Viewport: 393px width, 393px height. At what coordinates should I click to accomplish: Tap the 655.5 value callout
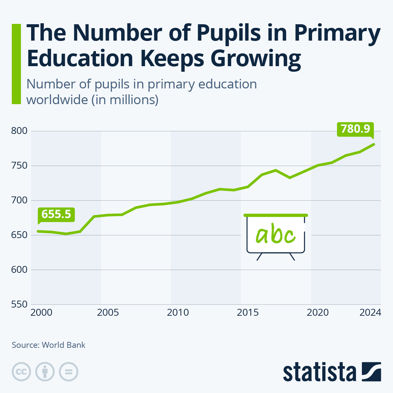[56, 214]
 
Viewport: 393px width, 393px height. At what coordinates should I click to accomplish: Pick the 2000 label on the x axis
[41, 313]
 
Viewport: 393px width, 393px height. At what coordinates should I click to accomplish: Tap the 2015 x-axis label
[248, 313]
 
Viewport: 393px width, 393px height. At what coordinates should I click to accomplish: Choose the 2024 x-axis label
[370, 313]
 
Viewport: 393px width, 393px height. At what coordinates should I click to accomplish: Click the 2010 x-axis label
[178, 313]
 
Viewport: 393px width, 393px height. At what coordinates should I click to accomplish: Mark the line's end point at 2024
[374, 144]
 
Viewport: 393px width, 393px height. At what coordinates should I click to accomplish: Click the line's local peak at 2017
[276, 170]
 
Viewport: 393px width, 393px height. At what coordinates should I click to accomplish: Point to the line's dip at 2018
[290, 178]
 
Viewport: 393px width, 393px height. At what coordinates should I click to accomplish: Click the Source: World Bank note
[48, 345]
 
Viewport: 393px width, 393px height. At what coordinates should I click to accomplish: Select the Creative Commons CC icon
[22, 372]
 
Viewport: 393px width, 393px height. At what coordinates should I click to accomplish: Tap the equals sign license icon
[69, 372]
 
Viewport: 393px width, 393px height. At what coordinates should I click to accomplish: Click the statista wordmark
[320, 372]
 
